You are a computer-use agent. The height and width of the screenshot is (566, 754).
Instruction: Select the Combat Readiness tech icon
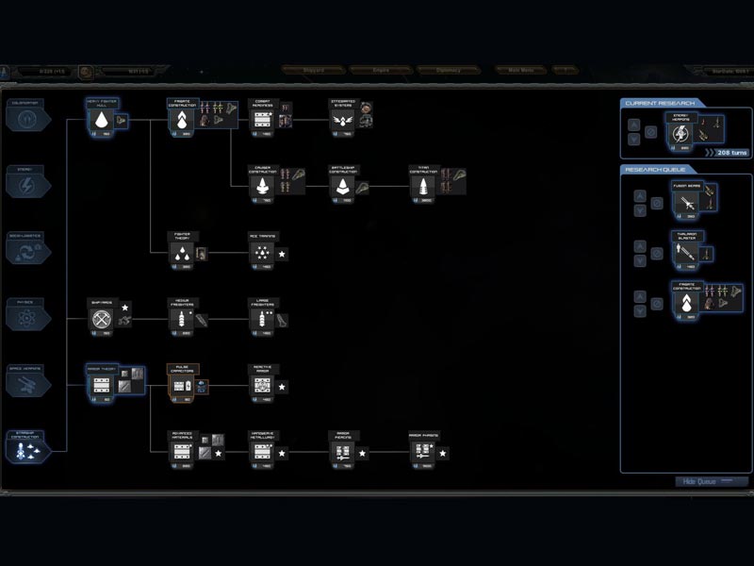[x=262, y=120]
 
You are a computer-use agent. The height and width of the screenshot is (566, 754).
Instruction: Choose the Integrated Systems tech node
[x=343, y=120]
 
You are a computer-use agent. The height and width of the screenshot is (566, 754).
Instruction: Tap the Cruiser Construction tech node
[x=262, y=186]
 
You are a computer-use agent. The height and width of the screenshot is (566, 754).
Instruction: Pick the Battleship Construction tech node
[x=343, y=186]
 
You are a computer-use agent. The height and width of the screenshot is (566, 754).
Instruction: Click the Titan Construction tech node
[x=423, y=186]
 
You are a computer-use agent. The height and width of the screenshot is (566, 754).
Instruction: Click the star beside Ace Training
[x=283, y=254]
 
